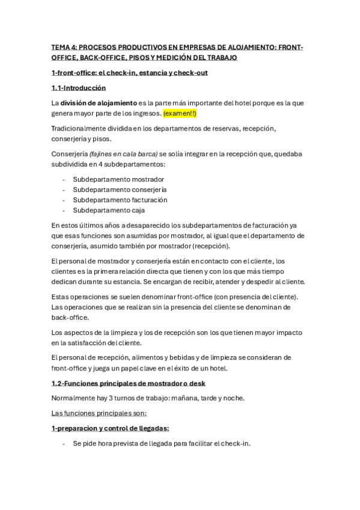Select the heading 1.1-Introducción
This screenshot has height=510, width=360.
82,88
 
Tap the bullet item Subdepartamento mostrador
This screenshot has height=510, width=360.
118,179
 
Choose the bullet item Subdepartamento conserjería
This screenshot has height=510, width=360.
120,189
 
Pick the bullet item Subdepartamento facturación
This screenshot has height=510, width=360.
120,200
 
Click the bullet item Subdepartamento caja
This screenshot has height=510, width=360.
109,210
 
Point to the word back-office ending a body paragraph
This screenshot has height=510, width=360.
70,317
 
